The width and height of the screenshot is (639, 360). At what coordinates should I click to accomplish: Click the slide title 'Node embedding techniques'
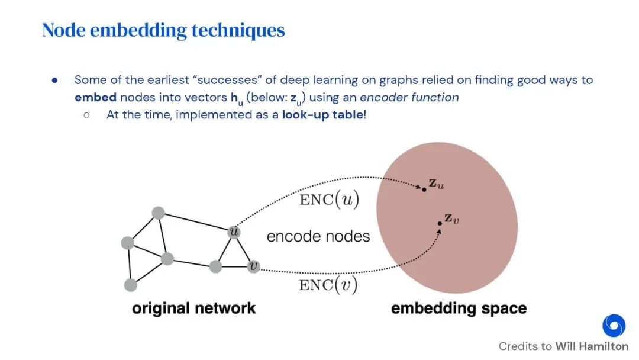[163, 30]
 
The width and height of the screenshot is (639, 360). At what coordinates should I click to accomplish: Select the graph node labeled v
[254, 266]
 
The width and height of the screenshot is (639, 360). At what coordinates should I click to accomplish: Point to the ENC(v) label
[329, 285]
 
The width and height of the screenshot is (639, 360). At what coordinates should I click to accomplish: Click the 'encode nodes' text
[318, 236]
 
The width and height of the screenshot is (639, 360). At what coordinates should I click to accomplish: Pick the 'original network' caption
[193, 308]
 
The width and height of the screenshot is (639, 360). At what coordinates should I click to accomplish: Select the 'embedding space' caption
[459, 308]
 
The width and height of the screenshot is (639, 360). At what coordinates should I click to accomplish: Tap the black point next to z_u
[424, 189]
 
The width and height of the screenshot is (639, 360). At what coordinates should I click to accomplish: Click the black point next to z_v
[440, 223]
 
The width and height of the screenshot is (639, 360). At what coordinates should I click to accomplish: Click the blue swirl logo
[614, 326]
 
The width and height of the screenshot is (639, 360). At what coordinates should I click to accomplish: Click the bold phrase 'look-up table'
[323, 115]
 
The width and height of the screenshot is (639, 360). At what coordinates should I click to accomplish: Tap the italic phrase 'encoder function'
[409, 98]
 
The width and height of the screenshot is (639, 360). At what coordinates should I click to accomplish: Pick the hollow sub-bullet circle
[86, 115]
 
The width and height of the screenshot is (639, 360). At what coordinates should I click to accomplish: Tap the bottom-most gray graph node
[131, 285]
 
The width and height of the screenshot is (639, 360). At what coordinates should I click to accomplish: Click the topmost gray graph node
[157, 213]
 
